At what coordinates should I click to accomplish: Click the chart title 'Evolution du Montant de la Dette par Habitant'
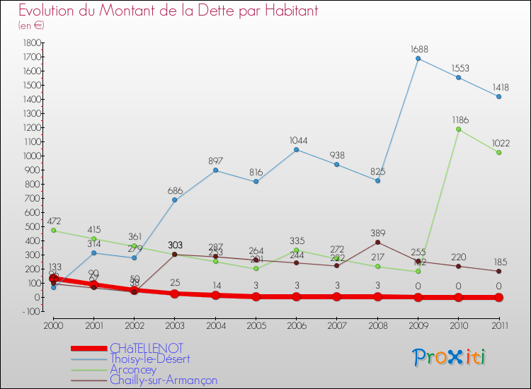coord(168,11)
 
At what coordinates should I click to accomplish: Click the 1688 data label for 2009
coord(418,50)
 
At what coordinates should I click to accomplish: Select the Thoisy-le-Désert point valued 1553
coord(459,77)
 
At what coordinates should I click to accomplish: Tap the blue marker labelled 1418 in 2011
coord(499,96)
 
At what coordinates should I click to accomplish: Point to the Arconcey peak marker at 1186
coord(459,129)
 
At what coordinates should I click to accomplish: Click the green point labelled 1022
coord(499,153)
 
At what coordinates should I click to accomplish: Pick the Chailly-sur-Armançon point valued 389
coord(378,242)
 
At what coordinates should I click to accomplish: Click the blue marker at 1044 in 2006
coord(297,149)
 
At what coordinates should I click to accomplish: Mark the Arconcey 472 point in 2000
coord(53,231)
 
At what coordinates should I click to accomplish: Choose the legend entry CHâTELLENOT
coord(146,348)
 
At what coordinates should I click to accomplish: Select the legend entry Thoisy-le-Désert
coord(150,359)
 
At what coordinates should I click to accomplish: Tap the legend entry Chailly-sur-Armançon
coord(164,380)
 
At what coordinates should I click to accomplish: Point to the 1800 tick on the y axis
coord(31,42)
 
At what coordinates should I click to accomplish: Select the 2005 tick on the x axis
coord(256,325)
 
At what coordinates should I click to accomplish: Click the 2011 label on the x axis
coord(499,325)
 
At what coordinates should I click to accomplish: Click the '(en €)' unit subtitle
coord(31,25)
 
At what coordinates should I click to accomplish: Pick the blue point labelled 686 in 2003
coord(175,200)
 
